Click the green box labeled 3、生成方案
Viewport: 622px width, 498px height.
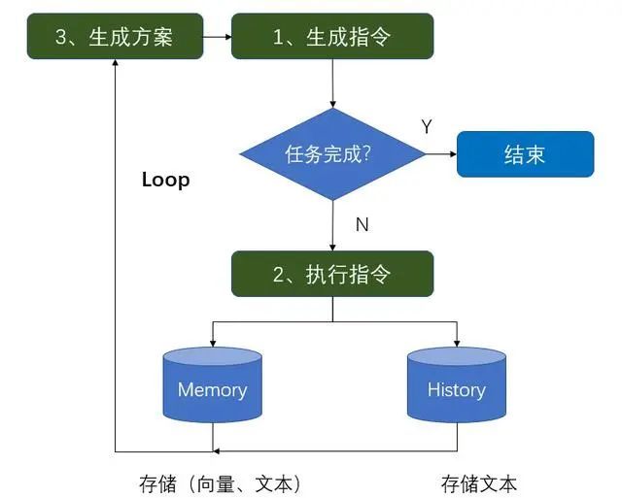coord(115,38)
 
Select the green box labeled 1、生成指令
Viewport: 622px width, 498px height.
coord(331,38)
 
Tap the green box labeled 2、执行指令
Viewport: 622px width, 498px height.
coord(331,274)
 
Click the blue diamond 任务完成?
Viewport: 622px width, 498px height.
coord(332,154)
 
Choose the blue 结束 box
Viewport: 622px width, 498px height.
coord(525,154)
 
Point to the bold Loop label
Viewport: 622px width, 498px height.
coord(165,180)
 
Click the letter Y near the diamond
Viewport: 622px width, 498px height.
coord(427,126)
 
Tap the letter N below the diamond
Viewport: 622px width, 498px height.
coord(362,224)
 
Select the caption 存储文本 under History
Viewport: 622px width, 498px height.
coord(479,482)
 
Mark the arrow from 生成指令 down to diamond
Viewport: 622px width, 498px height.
coord(332,83)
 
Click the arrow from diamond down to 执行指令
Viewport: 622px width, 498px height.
coord(332,225)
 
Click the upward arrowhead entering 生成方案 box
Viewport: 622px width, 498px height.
coord(115,64)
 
